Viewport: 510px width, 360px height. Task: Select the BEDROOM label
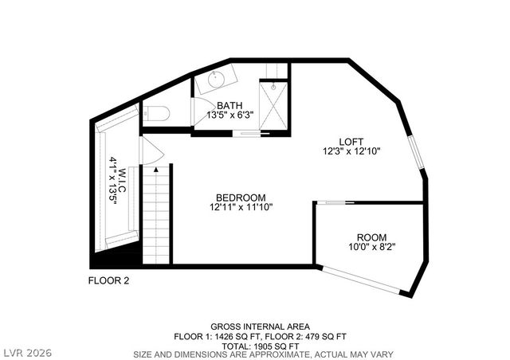pyautogui.click(x=240, y=198)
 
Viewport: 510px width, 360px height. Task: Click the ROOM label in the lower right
pyautogui.click(x=371, y=237)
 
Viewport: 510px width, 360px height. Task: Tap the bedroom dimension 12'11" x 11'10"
pyautogui.click(x=240, y=208)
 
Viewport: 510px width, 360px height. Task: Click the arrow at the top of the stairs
pyautogui.click(x=156, y=169)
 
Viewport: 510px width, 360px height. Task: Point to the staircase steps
pyautogui.click(x=156, y=215)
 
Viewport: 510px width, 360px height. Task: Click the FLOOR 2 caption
pyautogui.click(x=108, y=280)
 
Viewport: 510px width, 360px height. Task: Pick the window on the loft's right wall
pyautogui.click(x=416, y=154)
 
